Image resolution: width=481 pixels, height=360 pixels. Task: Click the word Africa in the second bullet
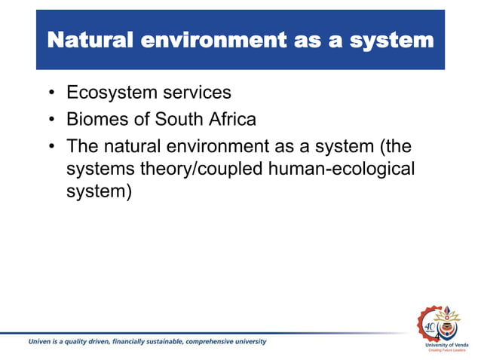(231, 119)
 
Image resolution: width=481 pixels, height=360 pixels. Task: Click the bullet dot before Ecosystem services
(51, 94)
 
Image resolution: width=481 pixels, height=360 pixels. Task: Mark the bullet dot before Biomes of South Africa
(51, 120)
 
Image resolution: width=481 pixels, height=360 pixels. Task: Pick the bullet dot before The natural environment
(51, 145)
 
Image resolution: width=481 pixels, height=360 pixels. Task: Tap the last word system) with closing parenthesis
(99, 192)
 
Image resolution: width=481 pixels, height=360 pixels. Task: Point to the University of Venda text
(446, 345)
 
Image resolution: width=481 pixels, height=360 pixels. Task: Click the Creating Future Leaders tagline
(446, 351)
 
